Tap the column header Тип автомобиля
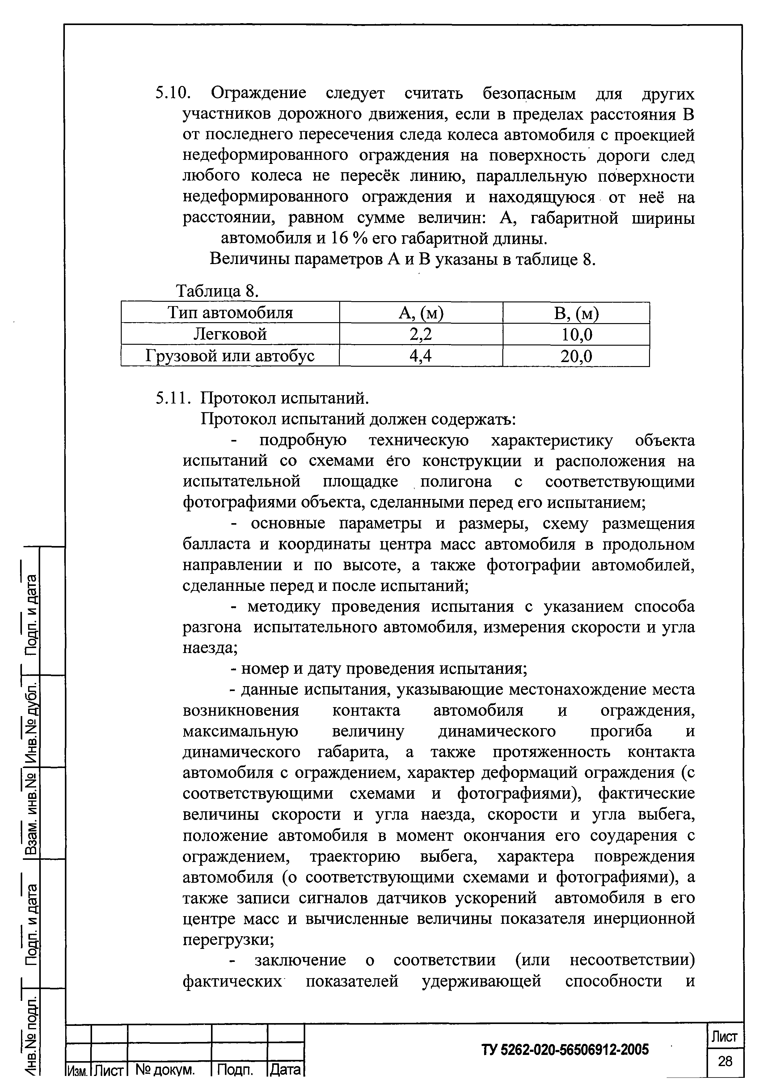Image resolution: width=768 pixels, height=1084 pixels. coord(230,313)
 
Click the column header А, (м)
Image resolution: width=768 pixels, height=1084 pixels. coord(421,313)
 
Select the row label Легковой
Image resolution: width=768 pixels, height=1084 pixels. coord(230,335)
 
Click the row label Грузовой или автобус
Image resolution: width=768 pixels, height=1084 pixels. coord(230,356)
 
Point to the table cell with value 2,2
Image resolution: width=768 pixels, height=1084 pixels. coord(421,335)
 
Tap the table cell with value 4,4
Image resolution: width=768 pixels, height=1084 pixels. coord(421,356)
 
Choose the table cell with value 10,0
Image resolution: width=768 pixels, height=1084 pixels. coord(576,335)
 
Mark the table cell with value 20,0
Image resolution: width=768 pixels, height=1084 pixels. coord(576,356)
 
